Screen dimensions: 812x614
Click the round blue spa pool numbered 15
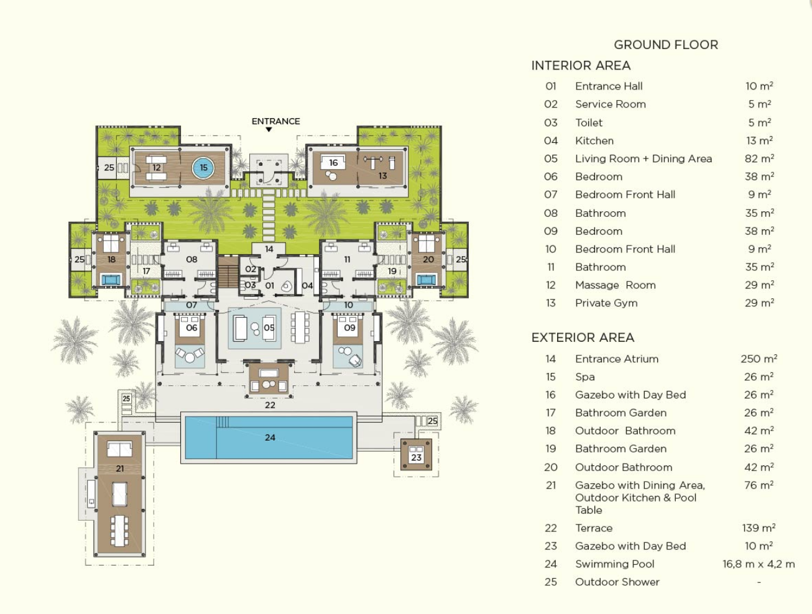(x=203, y=168)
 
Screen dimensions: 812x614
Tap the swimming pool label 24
(x=270, y=438)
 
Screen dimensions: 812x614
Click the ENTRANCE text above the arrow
(x=275, y=121)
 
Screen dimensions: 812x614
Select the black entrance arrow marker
(x=269, y=129)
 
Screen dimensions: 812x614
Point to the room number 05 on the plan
(x=269, y=328)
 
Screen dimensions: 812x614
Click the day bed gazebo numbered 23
(x=416, y=455)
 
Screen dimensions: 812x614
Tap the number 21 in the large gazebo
(x=119, y=469)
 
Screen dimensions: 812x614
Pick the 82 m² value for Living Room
(x=759, y=158)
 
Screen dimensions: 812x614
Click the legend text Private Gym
(x=606, y=303)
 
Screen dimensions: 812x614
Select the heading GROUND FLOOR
(x=666, y=45)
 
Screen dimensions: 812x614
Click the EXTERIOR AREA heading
(x=583, y=337)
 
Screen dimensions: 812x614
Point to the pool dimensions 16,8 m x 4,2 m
(x=759, y=564)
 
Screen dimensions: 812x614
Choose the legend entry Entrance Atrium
(x=617, y=359)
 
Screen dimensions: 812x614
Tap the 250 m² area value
(x=759, y=359)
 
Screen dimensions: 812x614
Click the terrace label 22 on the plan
(x=270, y=405)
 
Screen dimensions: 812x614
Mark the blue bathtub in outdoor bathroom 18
(x=110, y=280)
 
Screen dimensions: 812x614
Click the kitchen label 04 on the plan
(x=307, y=285)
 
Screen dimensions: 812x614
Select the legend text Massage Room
(x=615, y=285)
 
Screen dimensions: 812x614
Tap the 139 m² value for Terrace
(x=759, y=528)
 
